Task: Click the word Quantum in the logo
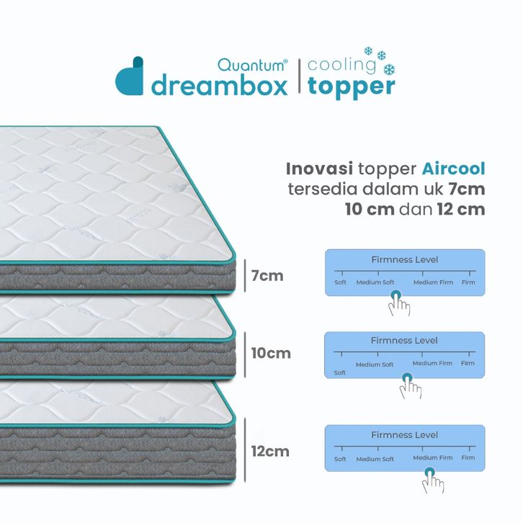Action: (x=251, y=65)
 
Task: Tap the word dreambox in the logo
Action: (x=220, y=86)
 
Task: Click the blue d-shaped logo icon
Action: (x=130, y=76)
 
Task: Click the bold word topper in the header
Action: (x=352, y=87)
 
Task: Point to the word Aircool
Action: (x=453, y=169)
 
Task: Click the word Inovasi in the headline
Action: (x=319, y=169)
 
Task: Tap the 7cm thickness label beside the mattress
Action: (x=267, y=276)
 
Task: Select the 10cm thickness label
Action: (x=271, y=353)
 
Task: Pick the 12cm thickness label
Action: (x=270, y=451)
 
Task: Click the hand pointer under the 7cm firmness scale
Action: (x=399, y=303)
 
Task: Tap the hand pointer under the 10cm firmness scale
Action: (x=411, y=386)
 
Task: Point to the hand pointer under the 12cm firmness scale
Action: (x=433, y=480)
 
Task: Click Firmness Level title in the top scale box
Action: (x=405, y=259)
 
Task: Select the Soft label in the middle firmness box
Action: (x=339, y=372)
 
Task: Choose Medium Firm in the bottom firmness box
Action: (x=433, y=457)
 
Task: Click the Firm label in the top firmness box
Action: (x=468, y=282)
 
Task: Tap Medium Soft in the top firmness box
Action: (x=375, y=282)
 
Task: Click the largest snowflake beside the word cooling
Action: (x=389, y=70)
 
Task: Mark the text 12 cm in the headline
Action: (x=460, y=210)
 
